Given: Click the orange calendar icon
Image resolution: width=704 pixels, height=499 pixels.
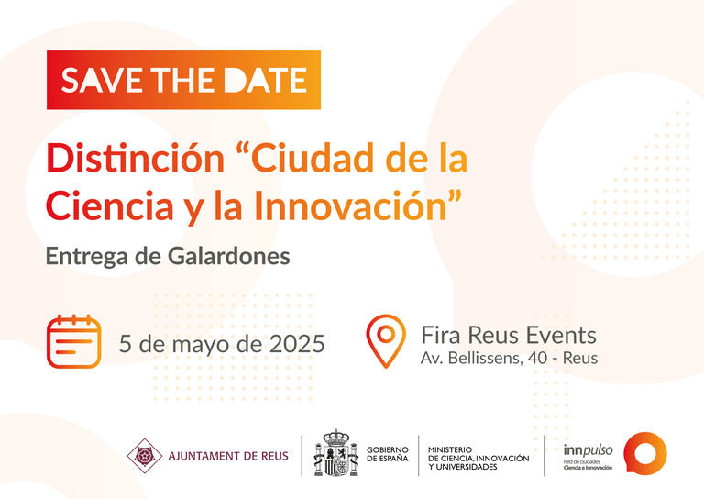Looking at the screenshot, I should tap(73, 341).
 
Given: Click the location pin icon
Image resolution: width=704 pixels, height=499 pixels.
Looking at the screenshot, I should tap(386, 339).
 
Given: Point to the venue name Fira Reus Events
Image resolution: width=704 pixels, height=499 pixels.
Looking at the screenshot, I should tap(509, 334).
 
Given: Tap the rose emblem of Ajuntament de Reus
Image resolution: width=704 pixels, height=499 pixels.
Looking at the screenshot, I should tap(144, 454).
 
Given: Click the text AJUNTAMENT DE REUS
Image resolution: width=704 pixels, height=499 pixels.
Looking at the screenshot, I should tap(228, 455).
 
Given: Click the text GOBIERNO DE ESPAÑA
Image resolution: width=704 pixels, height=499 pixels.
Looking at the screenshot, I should tap(387, 453).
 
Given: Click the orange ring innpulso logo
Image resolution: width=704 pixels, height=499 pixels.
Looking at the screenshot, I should tap(645, 453).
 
